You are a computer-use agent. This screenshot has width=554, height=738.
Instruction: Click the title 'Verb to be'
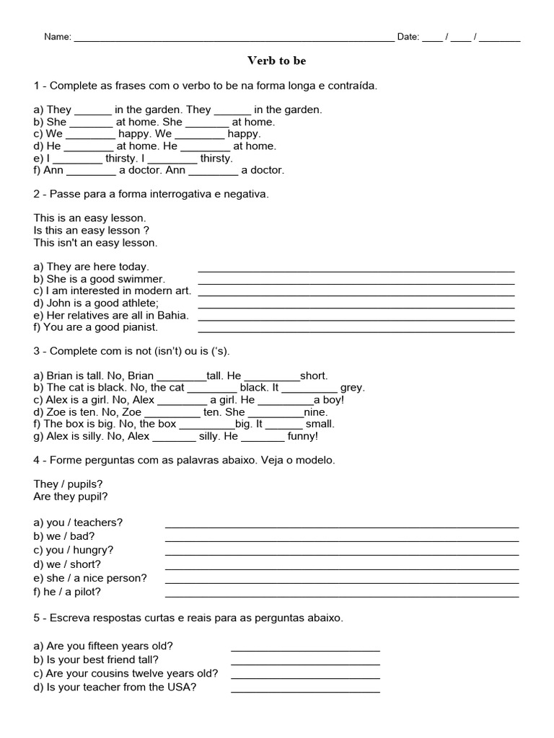click(277, 61)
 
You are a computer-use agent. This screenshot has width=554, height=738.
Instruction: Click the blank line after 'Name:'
click(234, 38)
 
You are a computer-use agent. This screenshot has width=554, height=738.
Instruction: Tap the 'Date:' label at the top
click(408, 37)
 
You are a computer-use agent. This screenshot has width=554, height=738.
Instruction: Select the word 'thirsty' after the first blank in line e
click(123, 158)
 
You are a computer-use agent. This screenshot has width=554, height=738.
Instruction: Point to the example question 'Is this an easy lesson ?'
click(91, 230)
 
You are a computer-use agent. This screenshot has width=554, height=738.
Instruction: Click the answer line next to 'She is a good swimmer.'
click(356, 280)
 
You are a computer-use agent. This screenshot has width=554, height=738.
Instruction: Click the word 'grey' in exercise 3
click(352, 387)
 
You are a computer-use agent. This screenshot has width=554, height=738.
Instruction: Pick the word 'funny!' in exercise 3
click(302, 436)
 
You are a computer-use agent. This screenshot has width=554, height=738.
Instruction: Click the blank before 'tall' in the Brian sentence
click(181, 376)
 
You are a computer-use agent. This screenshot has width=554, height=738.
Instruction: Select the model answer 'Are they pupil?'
click(71, 497)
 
